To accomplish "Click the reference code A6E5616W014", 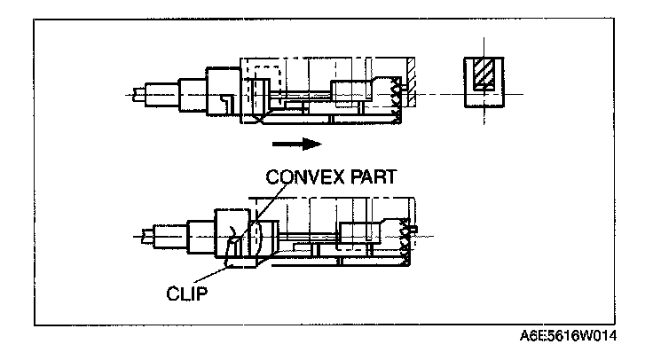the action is pyautogui.click(x=569, y=338).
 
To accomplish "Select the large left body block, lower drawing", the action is pyautogui.click(x=232, y=235).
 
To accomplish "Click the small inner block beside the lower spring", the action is pyautogui.click(x=359, y=235).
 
